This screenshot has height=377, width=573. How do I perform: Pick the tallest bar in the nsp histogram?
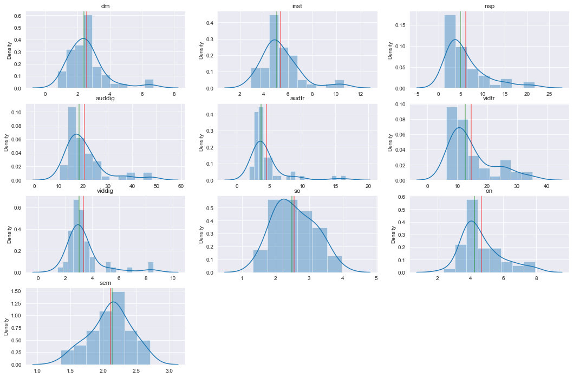click(x=450, y=51)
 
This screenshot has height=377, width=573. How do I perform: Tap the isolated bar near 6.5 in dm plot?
click(x=149, y=84)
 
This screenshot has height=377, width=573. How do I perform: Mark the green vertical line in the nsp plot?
click(x=460, y=49)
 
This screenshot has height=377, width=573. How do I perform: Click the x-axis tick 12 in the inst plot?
click(x=360, y=94)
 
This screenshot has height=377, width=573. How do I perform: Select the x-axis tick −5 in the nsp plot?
click(x=417, y=94)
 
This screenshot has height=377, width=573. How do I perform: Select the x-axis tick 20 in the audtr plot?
click(x=368, y=186)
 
